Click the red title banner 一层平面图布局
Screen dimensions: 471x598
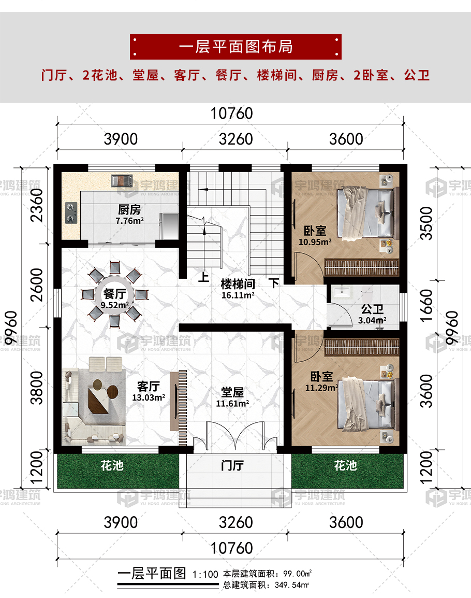(236, 47)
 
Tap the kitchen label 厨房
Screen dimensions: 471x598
(129, 209)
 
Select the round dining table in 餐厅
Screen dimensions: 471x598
(115, 295)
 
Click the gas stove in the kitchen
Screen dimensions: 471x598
(71, 213)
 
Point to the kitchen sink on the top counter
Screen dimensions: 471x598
(122, 181)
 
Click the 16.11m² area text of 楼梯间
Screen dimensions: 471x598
(238, 295)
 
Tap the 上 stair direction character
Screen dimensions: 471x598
(203, 277)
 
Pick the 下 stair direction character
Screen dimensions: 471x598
(274, 282)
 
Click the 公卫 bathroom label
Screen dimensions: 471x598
(372, 309)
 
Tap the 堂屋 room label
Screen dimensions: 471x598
(232, 392)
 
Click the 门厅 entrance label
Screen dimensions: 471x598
(232, 466)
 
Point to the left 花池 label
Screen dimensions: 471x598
(112, 465)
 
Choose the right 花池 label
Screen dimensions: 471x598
(346, 465)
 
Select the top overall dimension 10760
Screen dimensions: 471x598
(232, 113)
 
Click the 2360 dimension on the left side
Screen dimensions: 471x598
(37, 205)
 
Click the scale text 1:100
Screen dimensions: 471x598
(205, 574)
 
